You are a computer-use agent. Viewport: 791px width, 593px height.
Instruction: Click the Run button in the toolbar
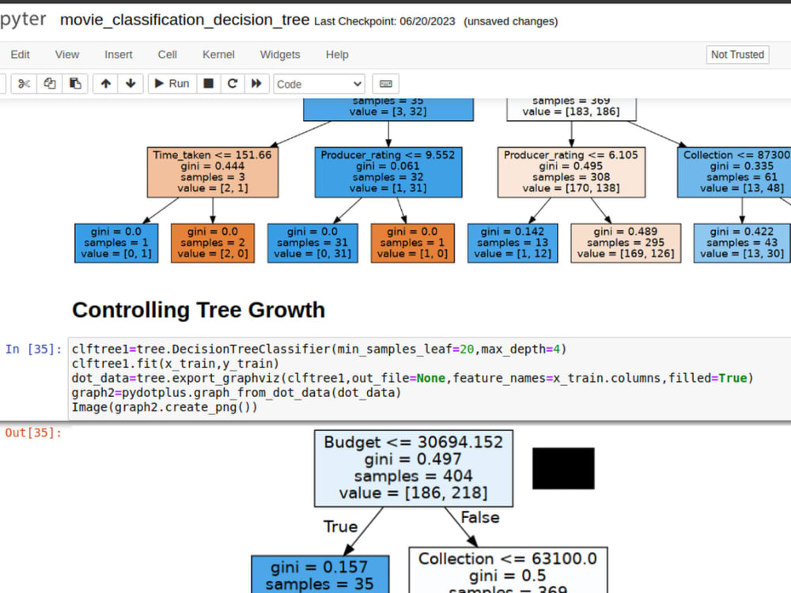[x=172, y=84]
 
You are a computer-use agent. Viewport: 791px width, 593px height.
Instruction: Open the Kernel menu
[x=218, y=55]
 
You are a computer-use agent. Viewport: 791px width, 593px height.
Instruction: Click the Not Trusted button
[x=737, y=55]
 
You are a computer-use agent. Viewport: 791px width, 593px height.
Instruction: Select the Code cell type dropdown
[x=319, y=84]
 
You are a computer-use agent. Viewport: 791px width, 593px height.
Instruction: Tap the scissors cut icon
[x=24, y=84]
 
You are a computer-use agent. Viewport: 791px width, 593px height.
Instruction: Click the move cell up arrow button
[x=105, y=84]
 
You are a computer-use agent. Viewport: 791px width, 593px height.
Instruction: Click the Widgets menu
[x=280, y=55]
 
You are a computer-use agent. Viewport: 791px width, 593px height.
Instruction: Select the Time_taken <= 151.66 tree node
[x=212, y=172]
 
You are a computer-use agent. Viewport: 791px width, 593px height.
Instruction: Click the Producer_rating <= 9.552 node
[x=388, y=172]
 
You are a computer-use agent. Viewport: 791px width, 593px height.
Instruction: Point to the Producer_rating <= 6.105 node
[x=571, y=172]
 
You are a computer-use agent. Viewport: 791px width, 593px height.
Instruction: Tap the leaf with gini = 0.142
[x=513, y=243]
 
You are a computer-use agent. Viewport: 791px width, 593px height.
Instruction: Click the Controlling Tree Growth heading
[x=199, y=310]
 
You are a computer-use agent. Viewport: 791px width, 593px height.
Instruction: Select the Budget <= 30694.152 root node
[x=414, y=468]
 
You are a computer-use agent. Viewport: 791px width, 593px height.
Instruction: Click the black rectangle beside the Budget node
[x=563, y=468]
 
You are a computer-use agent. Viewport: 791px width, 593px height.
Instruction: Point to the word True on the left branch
[x=340, y=527]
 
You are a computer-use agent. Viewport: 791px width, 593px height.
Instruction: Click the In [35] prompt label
[x=33, y=349]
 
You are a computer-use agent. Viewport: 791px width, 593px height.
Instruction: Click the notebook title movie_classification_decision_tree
[x=184, y=21]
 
